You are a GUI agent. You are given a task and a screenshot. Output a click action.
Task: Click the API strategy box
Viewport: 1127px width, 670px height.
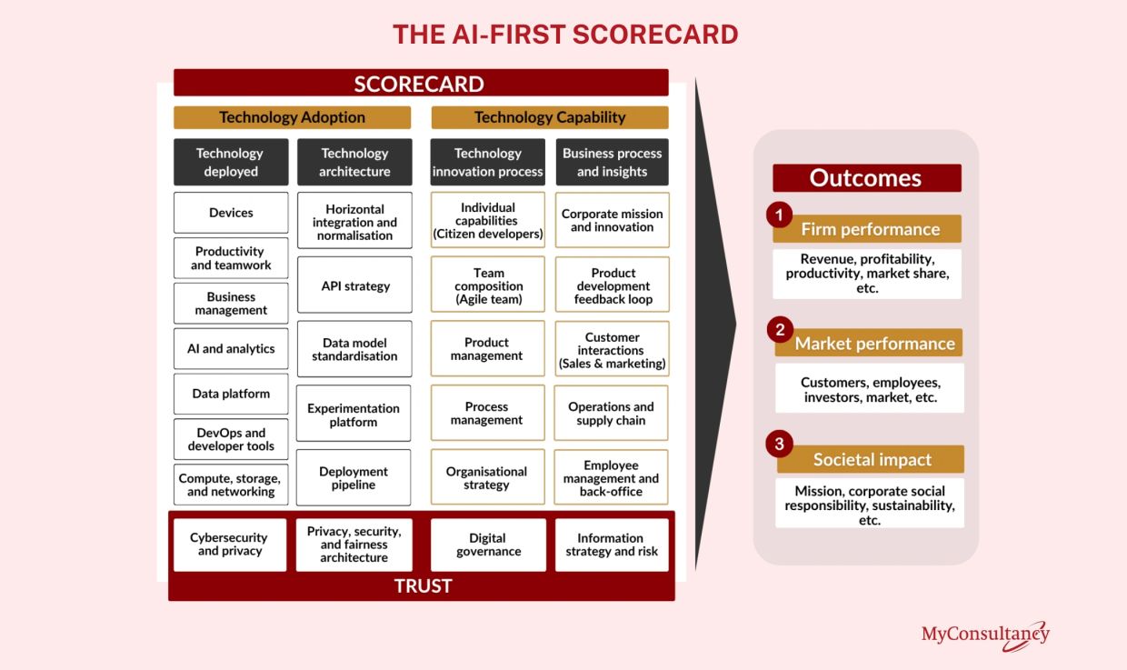pyautogui.click(x=354, y=285)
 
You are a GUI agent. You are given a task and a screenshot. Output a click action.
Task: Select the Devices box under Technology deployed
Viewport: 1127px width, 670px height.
pyautogui.click(x=231, y=213)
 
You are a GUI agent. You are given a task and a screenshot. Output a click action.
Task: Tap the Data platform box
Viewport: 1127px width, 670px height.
pyautogui.click(x=231, y=394)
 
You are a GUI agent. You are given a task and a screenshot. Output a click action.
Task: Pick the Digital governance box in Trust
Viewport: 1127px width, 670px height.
pyautogui.click(x=488, y=545)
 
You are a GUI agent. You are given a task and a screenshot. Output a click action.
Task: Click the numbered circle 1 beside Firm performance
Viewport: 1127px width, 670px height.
pyautogui.click(x=779, y=215)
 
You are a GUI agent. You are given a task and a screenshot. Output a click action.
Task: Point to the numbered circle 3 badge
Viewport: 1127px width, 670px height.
pyautogui.click(x=779, y=444)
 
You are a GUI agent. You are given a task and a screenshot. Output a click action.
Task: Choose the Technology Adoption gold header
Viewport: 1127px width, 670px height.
pyautogui.click(x=293, y=117)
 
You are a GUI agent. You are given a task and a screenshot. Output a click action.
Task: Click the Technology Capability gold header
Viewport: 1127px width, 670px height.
pyautogui.click(x=550, y=117)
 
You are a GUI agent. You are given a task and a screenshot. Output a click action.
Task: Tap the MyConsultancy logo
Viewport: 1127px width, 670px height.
pyautogui.click(x=985, y=635)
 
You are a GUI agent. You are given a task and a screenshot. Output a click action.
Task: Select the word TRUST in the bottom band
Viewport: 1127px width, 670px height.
pyautogui.click(x=424, y=586)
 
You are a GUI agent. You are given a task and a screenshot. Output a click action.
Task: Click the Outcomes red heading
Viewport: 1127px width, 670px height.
pyautogui.click(x=867, y=177)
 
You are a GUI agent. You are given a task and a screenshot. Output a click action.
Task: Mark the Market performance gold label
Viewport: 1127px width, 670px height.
pyautogui.click(x=869, y=343)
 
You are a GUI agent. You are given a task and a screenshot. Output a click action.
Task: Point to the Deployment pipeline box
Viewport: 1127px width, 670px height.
pyautogui.click(x=354, y=477)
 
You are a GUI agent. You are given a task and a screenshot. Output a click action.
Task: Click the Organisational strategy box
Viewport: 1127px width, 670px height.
pyautogui.click(x=487, y=477)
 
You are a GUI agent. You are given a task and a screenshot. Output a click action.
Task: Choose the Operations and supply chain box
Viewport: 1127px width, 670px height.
pyautogui.click(x=611, y=413)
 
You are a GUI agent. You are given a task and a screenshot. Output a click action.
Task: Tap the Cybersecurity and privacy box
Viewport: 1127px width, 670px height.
pyautogui.click(x=230, y=545)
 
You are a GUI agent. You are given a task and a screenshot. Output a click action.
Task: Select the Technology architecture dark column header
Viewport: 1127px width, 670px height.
pyautogui.click(x=354, y=162)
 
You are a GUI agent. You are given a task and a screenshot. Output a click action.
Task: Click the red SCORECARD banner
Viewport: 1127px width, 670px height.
pyautogui.click(x=421, y=83)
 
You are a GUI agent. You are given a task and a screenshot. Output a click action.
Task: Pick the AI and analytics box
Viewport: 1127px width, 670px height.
pyautogui.click(x=231, y=348)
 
